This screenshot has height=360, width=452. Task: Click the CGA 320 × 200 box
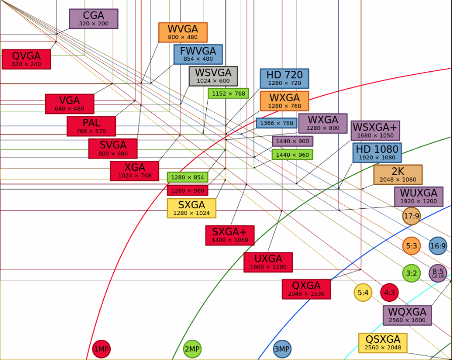coord(94,19)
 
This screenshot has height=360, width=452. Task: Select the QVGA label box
coord(26,59)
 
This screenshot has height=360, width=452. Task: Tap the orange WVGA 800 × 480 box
coord(183,32)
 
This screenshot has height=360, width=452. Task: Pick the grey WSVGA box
coord(213,76)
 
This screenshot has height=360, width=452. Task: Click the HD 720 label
coord(284,78)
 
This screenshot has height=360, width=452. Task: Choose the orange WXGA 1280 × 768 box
coord(284,101)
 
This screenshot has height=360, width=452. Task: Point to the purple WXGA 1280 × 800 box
coord(323,123)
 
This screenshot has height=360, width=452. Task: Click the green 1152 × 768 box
coord(229,94)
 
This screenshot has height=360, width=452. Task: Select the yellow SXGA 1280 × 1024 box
coord(192,208)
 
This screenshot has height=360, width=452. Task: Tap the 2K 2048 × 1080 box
coord(398,174)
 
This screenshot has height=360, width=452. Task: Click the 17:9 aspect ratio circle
coord(412,216)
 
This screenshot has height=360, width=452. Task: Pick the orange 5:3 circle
coord(412,246)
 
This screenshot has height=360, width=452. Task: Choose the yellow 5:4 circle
coord(363,293)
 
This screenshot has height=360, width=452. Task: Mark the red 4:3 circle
coord(389,293)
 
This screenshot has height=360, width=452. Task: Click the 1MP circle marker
coord(102,349)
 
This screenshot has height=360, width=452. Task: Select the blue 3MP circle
coord(282,349)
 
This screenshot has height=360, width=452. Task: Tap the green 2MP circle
coord(192,349)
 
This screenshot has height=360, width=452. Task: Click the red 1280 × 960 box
coord(188,191)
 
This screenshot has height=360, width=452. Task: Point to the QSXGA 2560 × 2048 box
coord(383,343)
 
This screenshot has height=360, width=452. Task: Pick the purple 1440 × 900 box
coord(293,141)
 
